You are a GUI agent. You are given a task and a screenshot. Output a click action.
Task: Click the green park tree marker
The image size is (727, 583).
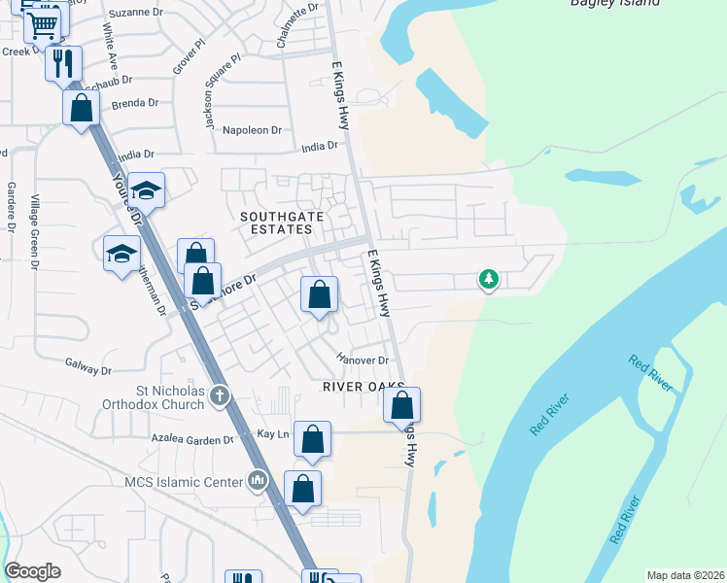489,280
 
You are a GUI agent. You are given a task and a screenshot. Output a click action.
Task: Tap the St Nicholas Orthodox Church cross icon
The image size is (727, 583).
221,395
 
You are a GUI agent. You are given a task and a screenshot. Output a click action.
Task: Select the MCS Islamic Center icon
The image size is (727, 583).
258,480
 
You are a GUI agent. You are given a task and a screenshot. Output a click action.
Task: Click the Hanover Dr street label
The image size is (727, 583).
363,360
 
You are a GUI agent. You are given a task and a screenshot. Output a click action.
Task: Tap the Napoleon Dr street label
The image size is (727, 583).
252,129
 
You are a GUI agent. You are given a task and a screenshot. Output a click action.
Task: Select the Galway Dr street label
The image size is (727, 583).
89,369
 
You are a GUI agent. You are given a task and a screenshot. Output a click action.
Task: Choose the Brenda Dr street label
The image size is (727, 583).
135,104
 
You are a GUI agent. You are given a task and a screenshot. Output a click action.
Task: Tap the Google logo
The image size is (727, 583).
33,571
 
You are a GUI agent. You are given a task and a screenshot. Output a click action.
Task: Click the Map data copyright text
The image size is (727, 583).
685,575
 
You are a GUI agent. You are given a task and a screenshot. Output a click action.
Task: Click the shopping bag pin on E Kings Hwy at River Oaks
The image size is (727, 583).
401,404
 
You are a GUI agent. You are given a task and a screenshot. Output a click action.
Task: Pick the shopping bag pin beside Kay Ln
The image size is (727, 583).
312,439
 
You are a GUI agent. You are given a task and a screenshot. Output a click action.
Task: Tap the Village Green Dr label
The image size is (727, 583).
34,230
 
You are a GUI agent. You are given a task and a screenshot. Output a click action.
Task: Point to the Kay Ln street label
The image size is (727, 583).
273,434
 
